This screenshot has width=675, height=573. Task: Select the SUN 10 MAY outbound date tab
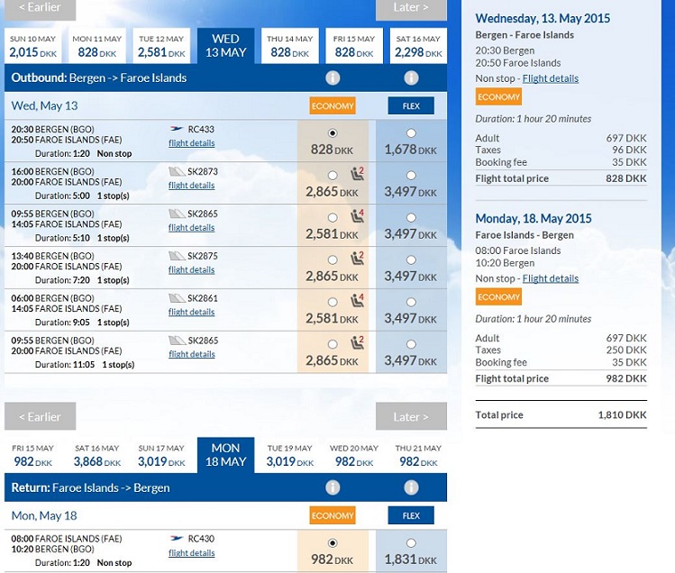(x=32, y=46)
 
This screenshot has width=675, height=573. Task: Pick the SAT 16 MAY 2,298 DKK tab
(x=418, y=46)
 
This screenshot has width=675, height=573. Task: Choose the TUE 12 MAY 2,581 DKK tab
(x=161, y=46)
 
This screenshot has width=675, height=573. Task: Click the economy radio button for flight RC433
(x=333, y=133)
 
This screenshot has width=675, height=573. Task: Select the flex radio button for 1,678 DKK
(x=411, y=133)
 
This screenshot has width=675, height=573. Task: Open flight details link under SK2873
(x=192, y=185)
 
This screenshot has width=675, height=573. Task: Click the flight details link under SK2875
(x=192, y=269)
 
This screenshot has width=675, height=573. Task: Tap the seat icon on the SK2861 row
(x=357, y=300)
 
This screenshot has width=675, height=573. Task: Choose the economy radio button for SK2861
(x=333, y=302)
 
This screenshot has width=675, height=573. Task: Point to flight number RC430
(x=201, y=539)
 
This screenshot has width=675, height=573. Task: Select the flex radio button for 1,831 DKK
(x=411, y=543)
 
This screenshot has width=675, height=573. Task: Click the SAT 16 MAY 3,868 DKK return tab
(x=97, y=456)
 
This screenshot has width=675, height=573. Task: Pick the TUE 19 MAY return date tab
(x=289, y=456)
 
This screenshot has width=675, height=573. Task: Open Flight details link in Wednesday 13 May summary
(x=550, y=78)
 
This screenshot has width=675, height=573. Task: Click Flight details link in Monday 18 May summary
(x=550, y=278)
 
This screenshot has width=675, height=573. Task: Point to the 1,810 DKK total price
(x=622, y=415)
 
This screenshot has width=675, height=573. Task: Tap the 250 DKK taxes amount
(x=626, y=350)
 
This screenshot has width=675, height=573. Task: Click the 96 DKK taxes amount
(x=629, y=150)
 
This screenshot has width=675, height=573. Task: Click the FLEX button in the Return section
(x=411, y=515)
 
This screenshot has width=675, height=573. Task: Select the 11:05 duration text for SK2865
(x=83, y=365)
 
